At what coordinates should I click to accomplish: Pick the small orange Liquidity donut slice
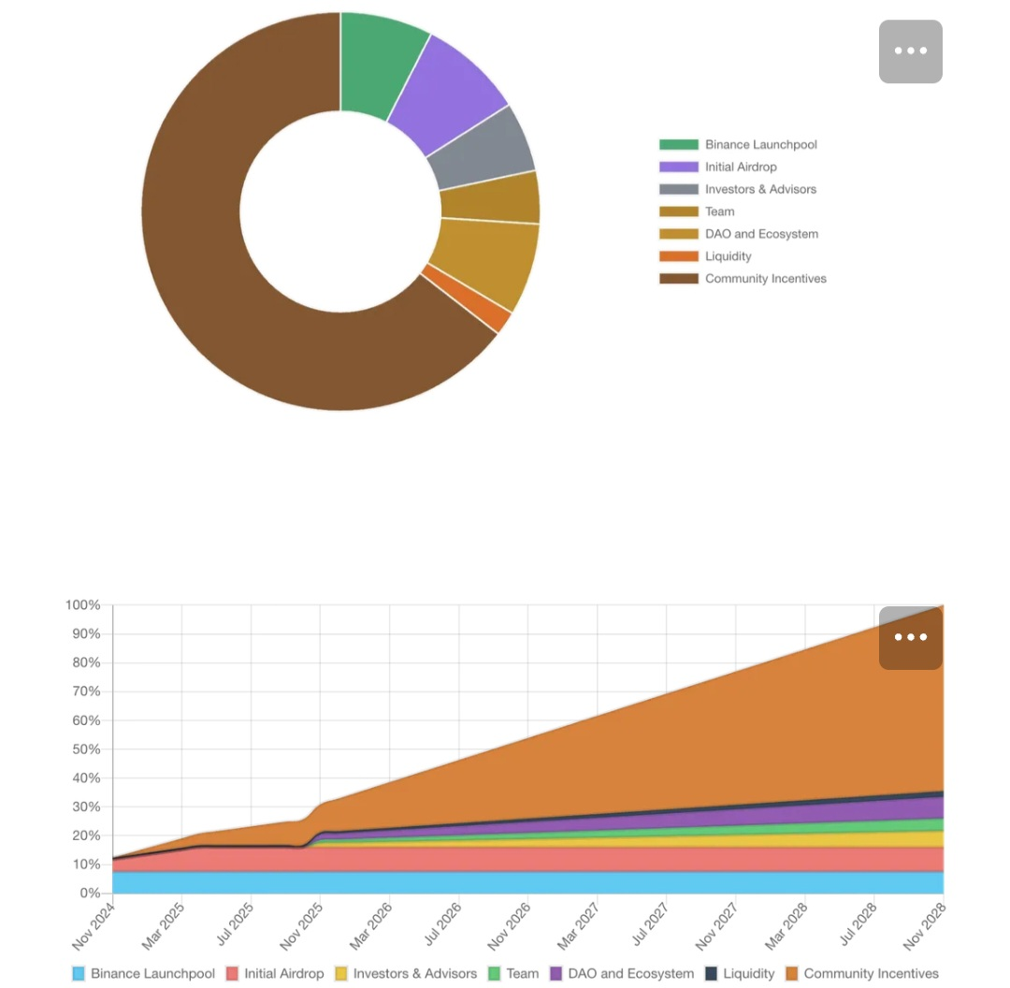click(x=468, y=298)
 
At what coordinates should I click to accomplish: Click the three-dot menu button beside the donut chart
click(x=910, y=51)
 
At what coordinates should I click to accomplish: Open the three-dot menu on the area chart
click(x=910, y=638)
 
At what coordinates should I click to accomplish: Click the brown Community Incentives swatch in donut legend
click(x=678, y=279)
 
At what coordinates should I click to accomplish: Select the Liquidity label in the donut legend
click(x=728, y=256)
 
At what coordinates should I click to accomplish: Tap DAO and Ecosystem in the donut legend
click(x=761, y=234)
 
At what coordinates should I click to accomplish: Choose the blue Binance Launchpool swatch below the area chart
click(x=79, y=974)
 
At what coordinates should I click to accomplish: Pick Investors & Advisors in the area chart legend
click(x=414, y=974)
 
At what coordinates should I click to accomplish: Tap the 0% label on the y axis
click(x=89, y=894)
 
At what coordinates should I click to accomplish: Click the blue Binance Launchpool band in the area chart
click(x=524, y=882)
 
